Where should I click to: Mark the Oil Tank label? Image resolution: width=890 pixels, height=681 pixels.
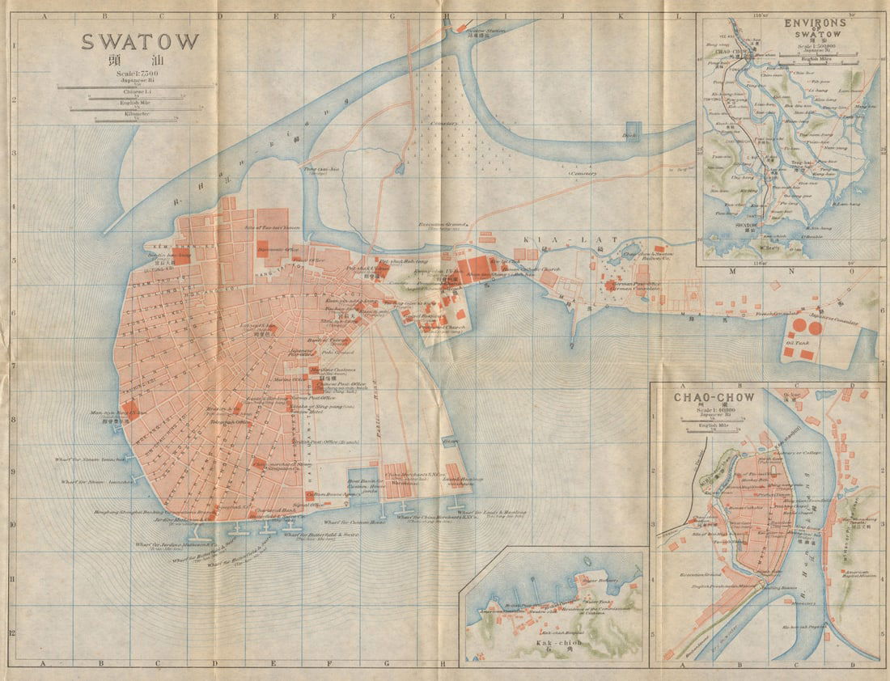(x=797, y=342)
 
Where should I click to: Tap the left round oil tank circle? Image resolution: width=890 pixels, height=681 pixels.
(x=799, y=327)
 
